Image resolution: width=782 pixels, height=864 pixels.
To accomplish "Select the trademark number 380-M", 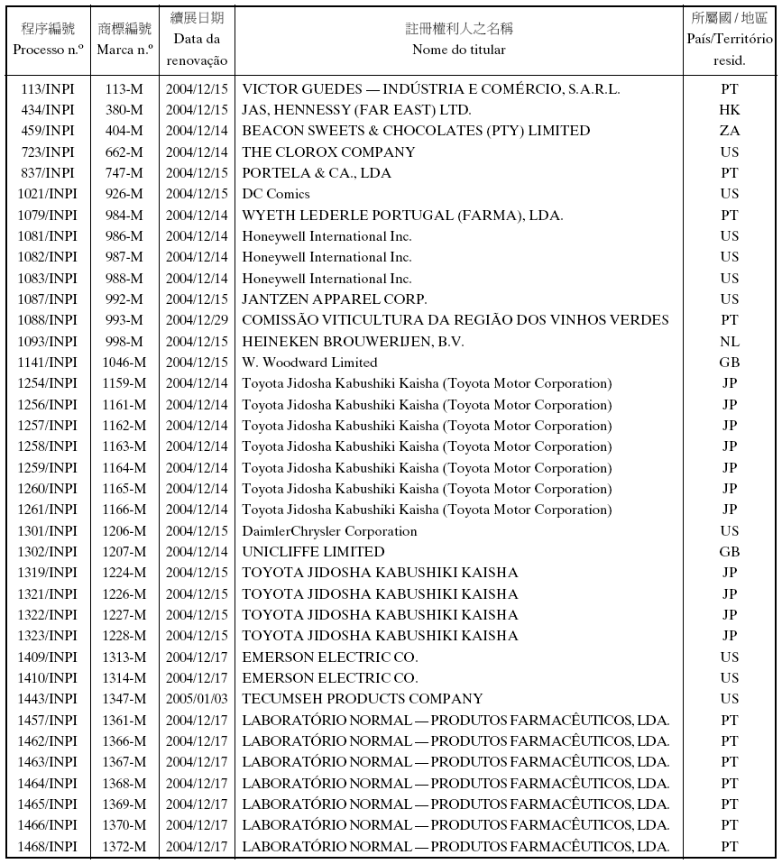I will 124,110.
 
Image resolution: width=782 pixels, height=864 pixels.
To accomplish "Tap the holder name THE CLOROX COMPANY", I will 328,152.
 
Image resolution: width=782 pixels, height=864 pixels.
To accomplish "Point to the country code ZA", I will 729,132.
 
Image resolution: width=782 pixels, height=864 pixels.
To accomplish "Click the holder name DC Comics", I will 276,194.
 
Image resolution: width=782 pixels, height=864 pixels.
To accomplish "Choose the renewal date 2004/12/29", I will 197,320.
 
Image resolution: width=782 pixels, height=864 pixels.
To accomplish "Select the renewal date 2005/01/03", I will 197,699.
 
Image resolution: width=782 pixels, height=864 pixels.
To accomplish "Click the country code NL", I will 729,342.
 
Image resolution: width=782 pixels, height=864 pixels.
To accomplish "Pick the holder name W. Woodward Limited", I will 309,363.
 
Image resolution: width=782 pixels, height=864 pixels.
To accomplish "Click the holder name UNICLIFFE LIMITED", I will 313,552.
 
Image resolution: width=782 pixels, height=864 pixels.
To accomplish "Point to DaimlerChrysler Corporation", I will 329,531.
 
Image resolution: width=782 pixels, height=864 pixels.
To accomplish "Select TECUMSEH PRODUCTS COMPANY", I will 363,699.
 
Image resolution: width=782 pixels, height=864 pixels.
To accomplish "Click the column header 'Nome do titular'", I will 458,51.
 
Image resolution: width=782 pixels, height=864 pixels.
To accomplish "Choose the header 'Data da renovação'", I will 197,51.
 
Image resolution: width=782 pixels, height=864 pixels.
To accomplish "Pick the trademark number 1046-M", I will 124,363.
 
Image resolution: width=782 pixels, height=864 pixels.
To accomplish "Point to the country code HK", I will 729,110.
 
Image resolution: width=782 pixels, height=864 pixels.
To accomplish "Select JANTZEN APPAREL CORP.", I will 335,299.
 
